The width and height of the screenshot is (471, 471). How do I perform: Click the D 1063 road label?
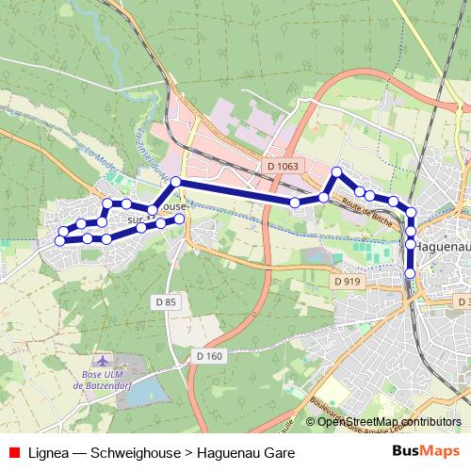(283, 167)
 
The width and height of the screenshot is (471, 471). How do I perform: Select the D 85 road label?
(165, 301)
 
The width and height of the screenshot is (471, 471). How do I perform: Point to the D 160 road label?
(210, 356)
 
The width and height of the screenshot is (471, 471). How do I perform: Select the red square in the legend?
(13, 452)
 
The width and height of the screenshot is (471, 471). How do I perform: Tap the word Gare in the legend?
(279, 452)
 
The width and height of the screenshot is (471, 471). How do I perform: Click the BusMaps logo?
(426, 451)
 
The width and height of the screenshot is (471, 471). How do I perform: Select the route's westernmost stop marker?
(59, 240)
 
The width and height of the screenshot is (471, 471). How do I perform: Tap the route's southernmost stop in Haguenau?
(410, 273)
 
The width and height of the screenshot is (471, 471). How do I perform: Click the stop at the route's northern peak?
(335, 171)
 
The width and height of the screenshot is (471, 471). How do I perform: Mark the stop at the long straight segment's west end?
(175, 181)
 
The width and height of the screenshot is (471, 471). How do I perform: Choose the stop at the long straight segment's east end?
(295, 203)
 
